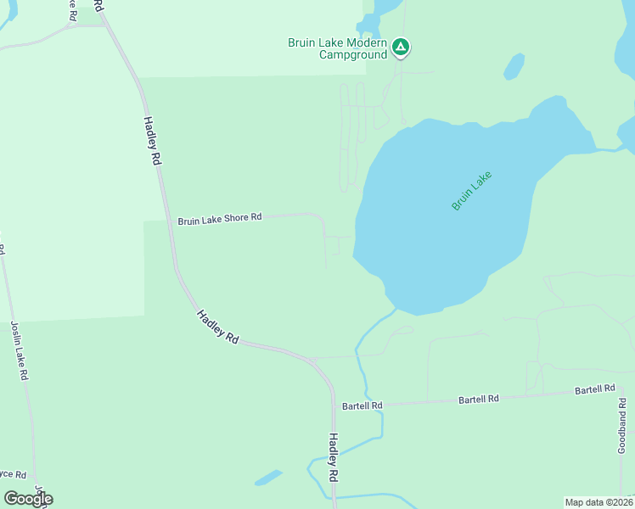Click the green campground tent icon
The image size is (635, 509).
(401, 48)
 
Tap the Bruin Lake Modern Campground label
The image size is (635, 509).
(337, 48)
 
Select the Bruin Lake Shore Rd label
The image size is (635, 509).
(219, 219)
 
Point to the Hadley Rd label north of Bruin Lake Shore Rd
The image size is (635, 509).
(152, 141)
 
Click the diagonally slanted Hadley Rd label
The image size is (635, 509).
(217, 326)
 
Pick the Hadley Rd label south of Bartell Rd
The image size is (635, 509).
(334, 456)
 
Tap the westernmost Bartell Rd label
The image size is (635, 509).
(362, 406)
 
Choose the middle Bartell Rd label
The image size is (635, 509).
(479, 398)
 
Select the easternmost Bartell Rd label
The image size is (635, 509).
(594, 389)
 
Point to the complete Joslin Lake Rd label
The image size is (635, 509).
(20, 349)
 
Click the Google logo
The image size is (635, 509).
(28, 498)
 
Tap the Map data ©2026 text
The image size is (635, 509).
(598, 502)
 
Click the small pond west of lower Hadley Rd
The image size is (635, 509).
(267, 478)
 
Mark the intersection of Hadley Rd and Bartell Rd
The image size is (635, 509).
(334, 406)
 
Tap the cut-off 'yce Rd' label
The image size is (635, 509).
(13, 474)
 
